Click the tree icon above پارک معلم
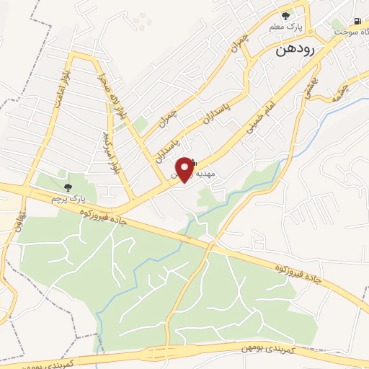click(x=286, y=15)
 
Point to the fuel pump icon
click(x=357, y=22)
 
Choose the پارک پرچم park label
click(x=67, y=196)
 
